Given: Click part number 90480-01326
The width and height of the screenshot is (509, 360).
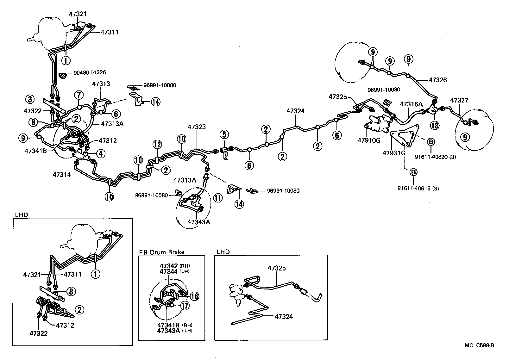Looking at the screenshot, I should [x=90, y=73].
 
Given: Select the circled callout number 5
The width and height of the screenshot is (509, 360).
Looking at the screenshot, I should [x=224, y=134].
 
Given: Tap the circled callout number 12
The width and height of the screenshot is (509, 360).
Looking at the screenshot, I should [x=157, y=145].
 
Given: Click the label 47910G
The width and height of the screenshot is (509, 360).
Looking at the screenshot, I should [x=369, y=140].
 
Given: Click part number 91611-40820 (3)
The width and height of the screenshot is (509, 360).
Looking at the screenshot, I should [x=436, y=157].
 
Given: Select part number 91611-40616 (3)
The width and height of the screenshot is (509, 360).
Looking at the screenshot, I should [x=418, y=189].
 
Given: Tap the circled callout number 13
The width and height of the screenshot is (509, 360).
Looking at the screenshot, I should [x=435, y=126].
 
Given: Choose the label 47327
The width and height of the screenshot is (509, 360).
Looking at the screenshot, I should [x=459, y=101].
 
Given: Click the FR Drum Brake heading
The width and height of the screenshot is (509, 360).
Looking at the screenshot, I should [x=161, y=252].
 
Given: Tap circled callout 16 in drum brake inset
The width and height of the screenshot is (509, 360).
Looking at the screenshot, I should [x=195, y=296].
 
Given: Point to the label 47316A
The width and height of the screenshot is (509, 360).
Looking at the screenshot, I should [x=411, y=104].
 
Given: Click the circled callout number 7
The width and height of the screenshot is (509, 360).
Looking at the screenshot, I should [x=79, y=95].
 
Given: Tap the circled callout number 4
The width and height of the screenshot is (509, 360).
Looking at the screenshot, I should [x=101, y=154].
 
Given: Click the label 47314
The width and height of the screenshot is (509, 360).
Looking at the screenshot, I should [x=61, y=174].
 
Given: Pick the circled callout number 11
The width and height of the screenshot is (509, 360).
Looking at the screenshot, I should [x=218, y=198].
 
